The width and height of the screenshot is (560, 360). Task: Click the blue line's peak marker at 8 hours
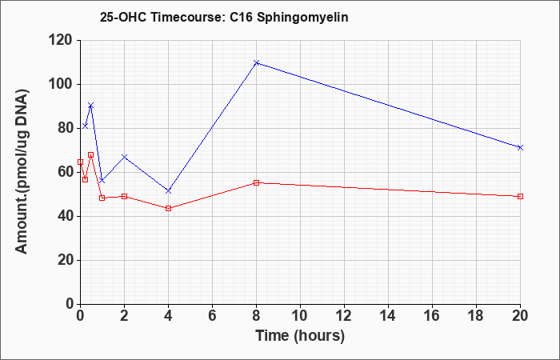(256, 63)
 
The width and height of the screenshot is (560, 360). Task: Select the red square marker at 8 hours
(256, 183)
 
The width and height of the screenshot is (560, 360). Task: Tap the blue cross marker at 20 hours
(520, 147)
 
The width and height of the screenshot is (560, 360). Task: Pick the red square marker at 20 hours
(520, 197)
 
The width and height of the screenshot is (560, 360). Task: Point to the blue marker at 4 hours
(169, 191)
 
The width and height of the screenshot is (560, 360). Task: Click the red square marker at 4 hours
(169, 208)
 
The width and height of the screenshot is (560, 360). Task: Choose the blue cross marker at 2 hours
(124, 157)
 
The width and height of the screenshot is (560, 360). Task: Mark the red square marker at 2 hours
(124, 197)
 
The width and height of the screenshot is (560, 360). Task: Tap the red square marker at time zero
(80, 162)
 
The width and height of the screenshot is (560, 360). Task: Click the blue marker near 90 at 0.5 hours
(91, 106)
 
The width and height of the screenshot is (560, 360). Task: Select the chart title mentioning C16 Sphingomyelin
(224, 17)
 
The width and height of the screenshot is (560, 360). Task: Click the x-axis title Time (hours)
(300, 336)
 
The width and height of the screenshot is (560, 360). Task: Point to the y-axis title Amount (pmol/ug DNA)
(22, 172)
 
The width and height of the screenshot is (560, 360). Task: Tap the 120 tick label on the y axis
(63, 40)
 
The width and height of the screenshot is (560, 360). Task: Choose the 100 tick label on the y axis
(63, 84)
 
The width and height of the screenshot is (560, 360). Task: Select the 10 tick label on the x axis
(300, 316)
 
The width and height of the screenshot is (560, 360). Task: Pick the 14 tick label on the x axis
(388, 316)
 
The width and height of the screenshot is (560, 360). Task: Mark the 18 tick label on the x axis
(477, 316)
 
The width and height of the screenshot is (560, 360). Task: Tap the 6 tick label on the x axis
(212, 316)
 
